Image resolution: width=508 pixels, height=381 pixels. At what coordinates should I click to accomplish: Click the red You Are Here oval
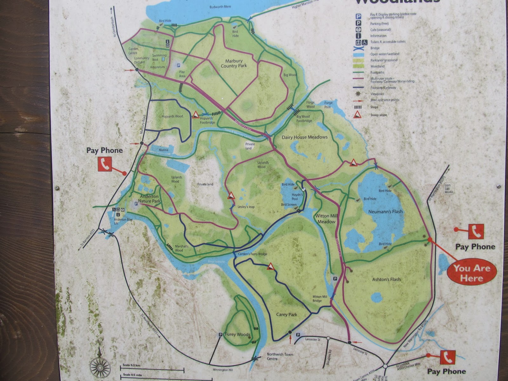(x=471, y=273)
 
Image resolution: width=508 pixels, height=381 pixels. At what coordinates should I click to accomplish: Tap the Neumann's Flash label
(x=385, y=211)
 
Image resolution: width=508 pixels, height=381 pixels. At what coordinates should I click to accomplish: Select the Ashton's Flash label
(x=386, y=279)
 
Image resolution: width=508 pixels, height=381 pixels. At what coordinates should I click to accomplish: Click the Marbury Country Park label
(x=234, y=63)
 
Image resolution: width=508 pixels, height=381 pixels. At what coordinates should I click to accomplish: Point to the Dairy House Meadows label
(x=304, y=137)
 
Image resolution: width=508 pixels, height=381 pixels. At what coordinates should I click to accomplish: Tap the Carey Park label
(x=286, y=314)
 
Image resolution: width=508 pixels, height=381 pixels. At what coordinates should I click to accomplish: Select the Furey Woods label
(x=237, y=334)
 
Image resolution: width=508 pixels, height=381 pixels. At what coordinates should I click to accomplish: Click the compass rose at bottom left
(x=100, y=367)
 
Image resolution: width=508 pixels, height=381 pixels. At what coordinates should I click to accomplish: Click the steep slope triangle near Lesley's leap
(x=231, y=195)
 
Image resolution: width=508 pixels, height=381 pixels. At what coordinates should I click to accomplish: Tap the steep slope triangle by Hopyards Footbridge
(x=196, y=115)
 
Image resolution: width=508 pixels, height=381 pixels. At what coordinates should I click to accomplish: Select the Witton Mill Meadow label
(x=326, y=219)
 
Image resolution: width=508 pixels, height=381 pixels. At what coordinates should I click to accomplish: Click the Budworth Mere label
(x=220, y=7)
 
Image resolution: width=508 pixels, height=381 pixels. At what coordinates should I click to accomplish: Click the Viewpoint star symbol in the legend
(x=358, y=94)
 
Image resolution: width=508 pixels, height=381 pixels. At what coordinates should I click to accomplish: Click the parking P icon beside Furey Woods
(x=220, y=335)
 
